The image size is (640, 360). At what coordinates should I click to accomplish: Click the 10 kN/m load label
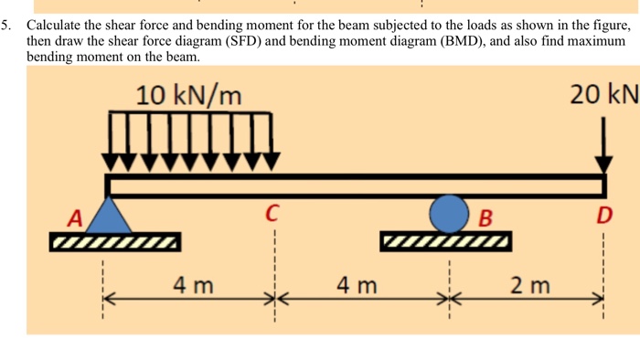(x=188, y=96)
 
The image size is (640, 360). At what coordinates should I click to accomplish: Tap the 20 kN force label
(x=604, y=95)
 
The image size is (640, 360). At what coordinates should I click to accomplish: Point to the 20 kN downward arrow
(x=603, y=145)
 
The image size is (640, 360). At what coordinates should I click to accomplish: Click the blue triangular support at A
(x=109, y=216)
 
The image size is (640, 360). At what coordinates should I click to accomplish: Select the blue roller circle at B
(x=449, y=214)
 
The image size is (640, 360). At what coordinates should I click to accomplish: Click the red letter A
(x=75, y=217)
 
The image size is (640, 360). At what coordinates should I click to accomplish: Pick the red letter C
(x=272, y=213)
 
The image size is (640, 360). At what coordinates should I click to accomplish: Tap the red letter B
(x=485, y=217)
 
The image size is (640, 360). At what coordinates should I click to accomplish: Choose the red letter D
(x=604, y=216)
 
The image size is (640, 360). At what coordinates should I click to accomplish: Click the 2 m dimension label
(x=530, y=285)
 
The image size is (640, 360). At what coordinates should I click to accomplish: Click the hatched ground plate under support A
(x=115, y=242)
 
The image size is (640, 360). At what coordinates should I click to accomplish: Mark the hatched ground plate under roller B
(x=446, y=241)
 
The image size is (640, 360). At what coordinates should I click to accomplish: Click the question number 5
(x=5, y=26)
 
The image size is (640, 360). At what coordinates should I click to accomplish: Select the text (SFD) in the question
(x=243, y=41)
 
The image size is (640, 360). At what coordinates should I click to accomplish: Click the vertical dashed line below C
(x=275, y=276)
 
